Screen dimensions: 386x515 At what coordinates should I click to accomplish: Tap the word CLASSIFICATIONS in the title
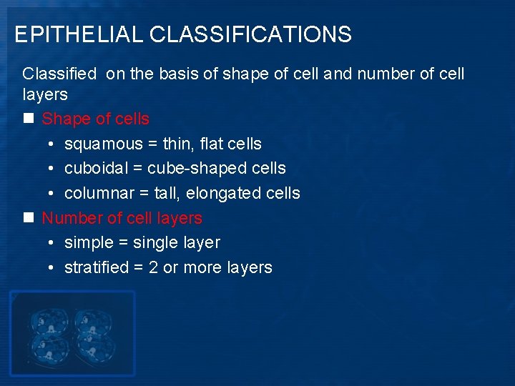[251, 34]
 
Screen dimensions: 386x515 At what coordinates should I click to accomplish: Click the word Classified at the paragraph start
[60, 74]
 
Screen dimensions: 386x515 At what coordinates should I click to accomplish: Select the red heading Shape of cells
[96, 119]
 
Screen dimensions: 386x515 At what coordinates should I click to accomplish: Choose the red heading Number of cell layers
[122, 218]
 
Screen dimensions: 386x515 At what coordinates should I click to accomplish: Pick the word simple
[87, 243]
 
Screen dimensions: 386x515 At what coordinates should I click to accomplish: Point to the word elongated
[235, 194]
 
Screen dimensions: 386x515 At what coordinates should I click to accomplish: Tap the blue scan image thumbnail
[72, 333]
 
